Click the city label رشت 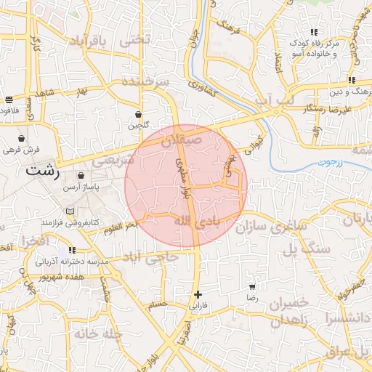(x=42, y=172)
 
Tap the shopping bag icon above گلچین (x=138, y=114)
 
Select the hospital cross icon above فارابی (x=198, y=294)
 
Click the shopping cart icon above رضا (x=252, y=287)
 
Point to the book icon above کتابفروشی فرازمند (x=70, y=211)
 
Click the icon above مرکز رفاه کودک (x=314, y=32)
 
